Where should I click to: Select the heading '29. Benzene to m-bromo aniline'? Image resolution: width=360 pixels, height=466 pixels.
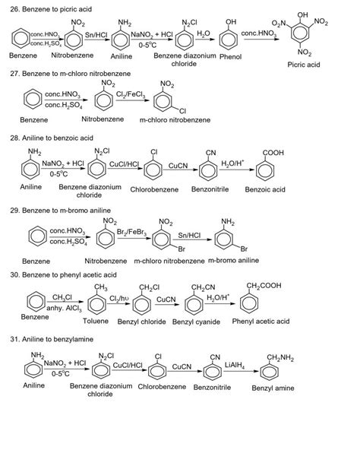click(x=65, y=209)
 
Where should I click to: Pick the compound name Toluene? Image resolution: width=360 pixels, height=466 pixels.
click(x=96, y=322)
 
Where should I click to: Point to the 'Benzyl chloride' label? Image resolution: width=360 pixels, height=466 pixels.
click(x=144, y=322)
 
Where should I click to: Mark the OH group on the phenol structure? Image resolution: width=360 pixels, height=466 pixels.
click(x=231, y=21)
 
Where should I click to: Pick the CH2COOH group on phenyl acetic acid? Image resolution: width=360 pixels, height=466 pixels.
click(x=263, y=286)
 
